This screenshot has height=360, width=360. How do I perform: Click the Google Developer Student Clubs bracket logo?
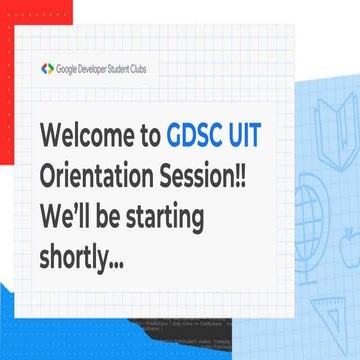coord(47,69)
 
